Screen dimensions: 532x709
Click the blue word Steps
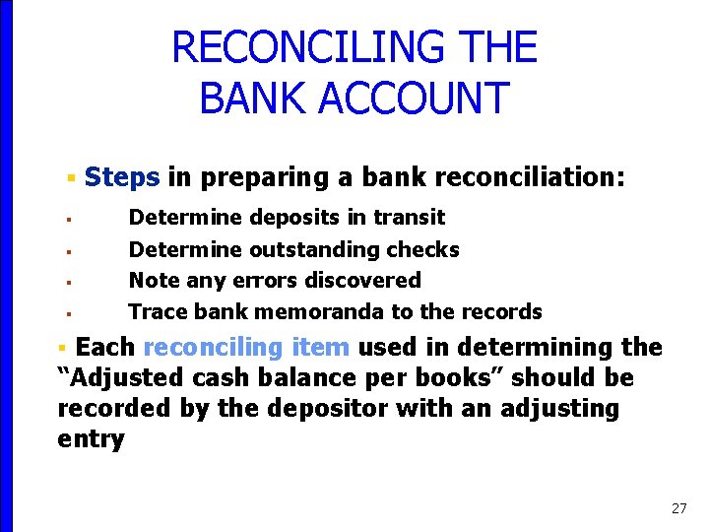(122, 177)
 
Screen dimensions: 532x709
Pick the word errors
(265, 281)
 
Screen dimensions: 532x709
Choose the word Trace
(158, 312)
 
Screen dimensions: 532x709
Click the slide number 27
(678, 508)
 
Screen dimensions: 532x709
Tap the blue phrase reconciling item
(246, 347)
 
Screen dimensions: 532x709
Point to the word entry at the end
(91, 439)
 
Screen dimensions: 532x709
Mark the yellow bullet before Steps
(71, 178)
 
